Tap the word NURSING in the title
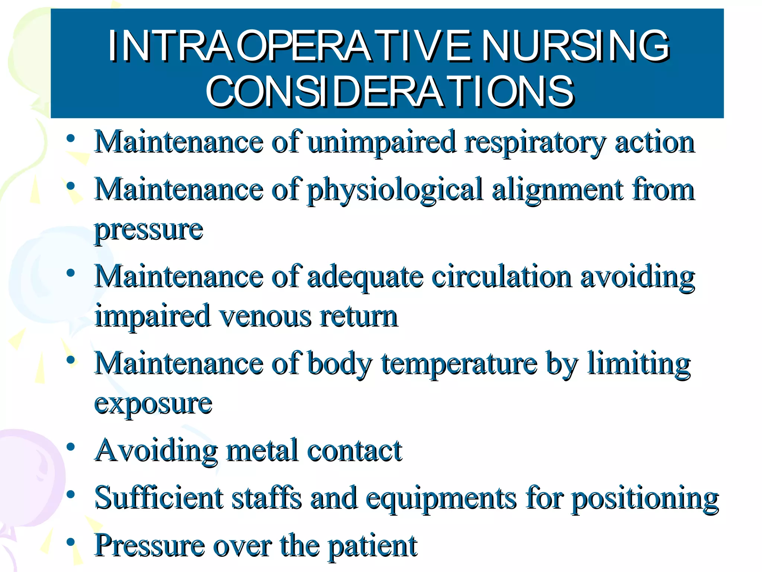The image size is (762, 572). click(x=575, y=46)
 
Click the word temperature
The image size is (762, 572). click(x=460, y=364)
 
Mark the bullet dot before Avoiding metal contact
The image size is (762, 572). click(x=71, y=447)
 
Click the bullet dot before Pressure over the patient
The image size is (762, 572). click(x=71, y=542)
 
